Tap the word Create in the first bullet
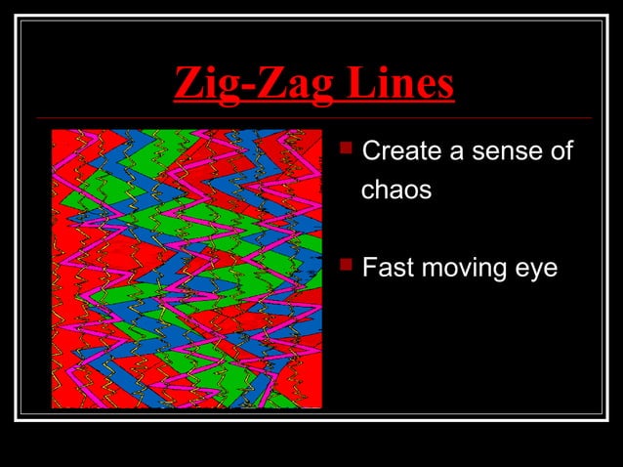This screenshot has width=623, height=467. coord(399,152)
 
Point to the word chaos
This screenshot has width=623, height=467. coord(396,190)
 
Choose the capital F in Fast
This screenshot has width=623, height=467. coord(369,266)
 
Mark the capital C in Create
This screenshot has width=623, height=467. coord(370,152)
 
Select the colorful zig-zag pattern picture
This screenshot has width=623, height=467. coord(187,268)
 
